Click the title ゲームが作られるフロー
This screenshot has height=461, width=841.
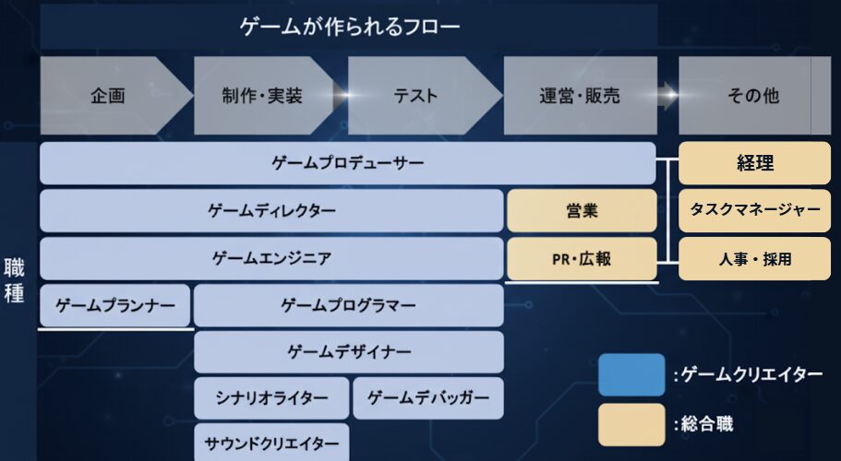point(349,26)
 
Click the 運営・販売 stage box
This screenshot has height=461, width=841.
point(581,95)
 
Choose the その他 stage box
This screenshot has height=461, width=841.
point(754,95)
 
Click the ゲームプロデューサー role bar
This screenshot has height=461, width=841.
point(347,163)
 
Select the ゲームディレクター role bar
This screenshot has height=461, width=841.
point(271,210)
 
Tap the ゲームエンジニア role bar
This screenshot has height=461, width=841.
point(271,258)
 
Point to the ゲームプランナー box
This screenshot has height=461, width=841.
point(115,306)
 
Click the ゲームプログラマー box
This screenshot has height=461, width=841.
point(349,306)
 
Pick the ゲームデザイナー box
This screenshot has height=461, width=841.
point(349,352)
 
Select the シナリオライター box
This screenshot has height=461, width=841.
point(271,397)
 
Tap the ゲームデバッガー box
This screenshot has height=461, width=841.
point(428,397)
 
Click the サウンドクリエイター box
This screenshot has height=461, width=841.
point(271,443)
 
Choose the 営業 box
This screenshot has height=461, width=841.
point(582,210)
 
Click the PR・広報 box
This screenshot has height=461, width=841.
point(582,258)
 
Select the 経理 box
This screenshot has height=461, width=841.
point(754,163)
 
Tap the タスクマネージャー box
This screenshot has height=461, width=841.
point(754,210)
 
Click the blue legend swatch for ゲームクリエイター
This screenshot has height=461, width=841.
point(631,375)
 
